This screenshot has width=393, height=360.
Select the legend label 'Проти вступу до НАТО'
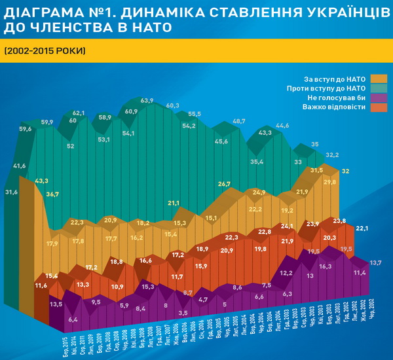pos(326,88)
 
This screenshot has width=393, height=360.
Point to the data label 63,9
pos(147,101)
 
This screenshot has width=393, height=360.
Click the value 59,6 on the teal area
pos(26,129)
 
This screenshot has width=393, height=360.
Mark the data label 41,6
pos(19,166)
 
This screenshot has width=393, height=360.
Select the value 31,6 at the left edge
pos(11,192)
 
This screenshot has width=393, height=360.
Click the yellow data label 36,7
pos(52,194)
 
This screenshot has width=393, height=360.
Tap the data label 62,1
pos(79,113)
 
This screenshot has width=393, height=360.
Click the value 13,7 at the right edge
pos(376,262)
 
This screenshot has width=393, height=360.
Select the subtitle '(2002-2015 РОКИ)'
pos(44,51)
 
